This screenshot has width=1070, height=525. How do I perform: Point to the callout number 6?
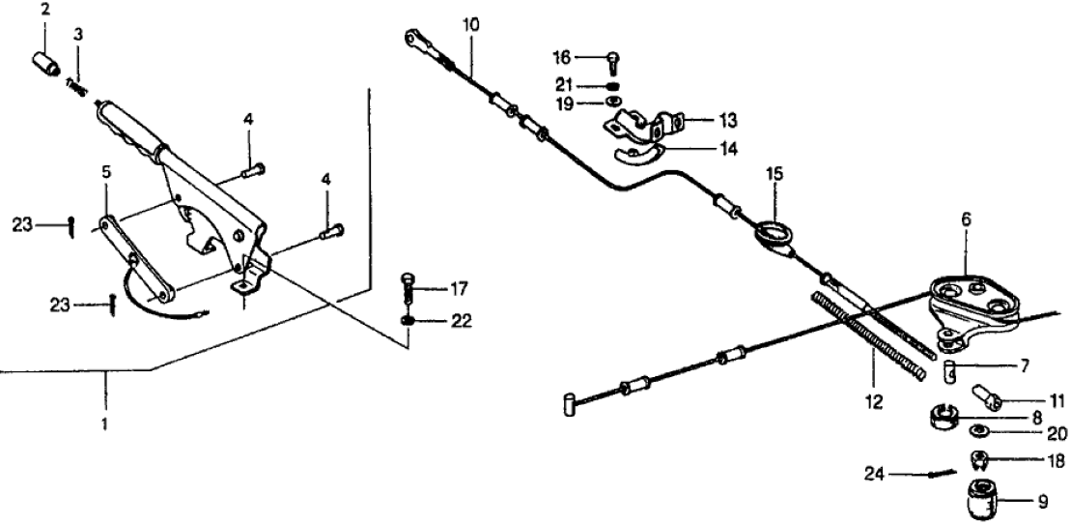pyautogui.click(x=967, y=219)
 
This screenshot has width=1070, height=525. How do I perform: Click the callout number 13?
pyautogui.click(x=727, y=121)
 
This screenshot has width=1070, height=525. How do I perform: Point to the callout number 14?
pyautogui.click(x=726, y=149)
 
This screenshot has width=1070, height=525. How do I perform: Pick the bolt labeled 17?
pyautogui.click(x=409, y=289)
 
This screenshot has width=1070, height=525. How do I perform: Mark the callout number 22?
pyautogui.click(x=461, y=320)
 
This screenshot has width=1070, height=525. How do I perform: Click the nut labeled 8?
pyautogui.click(x=942, y=420)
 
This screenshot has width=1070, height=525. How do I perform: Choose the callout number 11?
pyautogui.click(x=1030, y=397)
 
